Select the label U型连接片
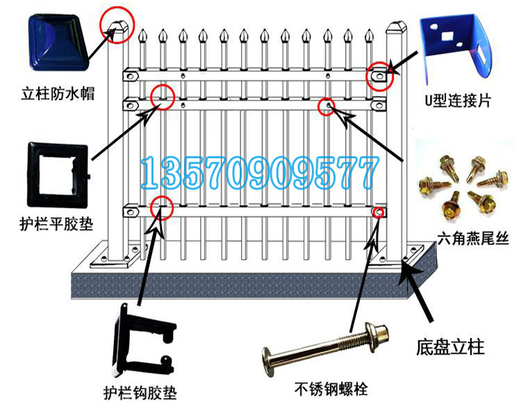(457, 101)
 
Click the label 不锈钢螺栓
(329, 388)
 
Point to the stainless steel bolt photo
(324, 347)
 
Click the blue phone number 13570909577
(260, 174)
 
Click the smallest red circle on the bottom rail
(379, 211)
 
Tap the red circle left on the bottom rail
(162, 206)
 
